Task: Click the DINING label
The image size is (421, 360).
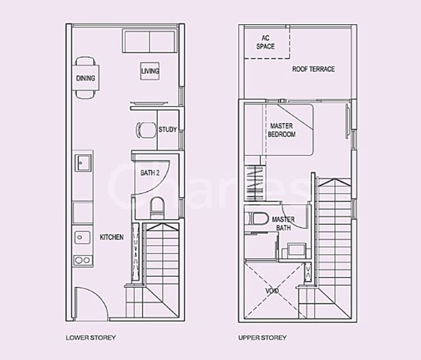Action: tap(86, 78)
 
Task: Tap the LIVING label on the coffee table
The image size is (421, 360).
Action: tap(150, 71)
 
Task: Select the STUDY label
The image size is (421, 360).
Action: tap(167, 130)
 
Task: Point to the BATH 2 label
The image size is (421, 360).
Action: tap(150, 173)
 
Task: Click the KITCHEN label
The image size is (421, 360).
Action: tap(112, 237)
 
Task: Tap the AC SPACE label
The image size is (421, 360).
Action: tap(265, 42)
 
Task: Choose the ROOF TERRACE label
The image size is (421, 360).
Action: tap(313, 69)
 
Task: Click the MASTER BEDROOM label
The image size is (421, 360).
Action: tap(282, 130)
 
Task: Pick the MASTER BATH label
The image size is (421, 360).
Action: tap(283, 223)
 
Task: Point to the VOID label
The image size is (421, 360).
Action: tap(272, 291)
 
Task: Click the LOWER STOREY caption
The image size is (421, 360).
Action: tap(91, 338)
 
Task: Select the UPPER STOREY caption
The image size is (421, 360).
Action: tap(262, 338)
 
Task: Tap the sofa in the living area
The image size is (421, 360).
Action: tap(149, 41)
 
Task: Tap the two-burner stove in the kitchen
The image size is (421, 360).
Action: tap(83, 260)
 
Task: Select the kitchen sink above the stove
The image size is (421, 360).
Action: tap(82, 237)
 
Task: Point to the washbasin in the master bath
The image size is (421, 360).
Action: tap(297, 250)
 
